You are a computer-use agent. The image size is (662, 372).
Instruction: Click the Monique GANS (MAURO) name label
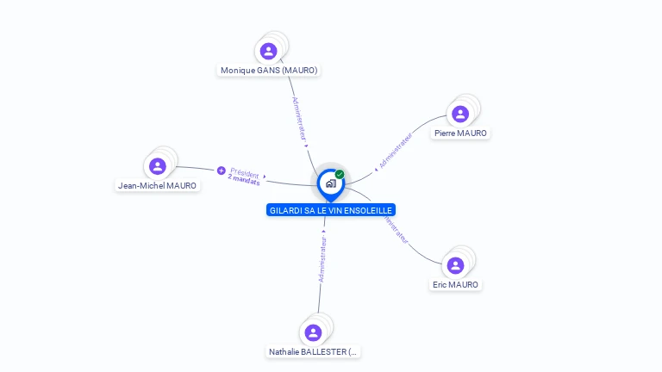(269, 71)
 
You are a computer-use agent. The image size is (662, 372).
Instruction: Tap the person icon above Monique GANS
(268, 51)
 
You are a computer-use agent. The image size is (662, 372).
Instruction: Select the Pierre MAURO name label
(460, 133)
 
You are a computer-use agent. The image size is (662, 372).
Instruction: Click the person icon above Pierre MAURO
(460, 114)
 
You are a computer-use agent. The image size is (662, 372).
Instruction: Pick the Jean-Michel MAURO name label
(157, 186)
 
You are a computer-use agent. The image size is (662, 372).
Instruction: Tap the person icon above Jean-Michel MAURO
(157, 166)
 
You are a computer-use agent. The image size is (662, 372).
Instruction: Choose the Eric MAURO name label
(455, 285)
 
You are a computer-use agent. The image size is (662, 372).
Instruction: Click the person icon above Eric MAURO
(455, 265)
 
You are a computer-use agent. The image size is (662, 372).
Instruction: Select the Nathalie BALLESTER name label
(313, 352)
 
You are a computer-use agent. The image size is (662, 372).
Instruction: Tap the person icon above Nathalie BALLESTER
(313, 332)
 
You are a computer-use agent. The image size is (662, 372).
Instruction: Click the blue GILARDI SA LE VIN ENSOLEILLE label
(331, 210)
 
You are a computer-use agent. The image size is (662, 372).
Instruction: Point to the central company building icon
(330, 183)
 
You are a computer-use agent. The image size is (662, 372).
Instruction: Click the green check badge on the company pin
(340, 174)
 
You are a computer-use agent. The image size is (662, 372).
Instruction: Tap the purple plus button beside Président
(222, 170)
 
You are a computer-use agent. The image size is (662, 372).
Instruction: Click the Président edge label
(245, 172)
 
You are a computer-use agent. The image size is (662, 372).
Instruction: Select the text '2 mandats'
(244, 181)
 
